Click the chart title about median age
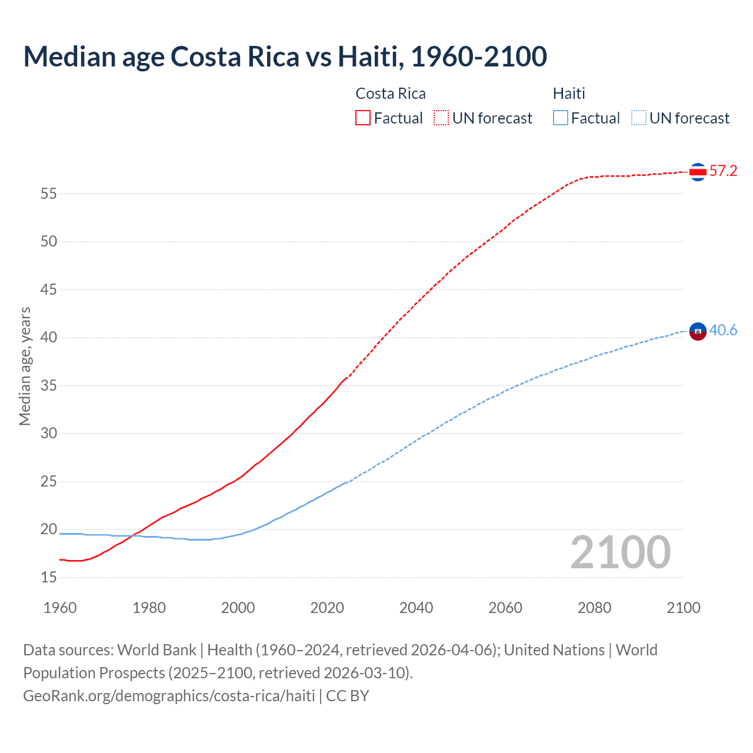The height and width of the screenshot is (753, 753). (x=285, y=56)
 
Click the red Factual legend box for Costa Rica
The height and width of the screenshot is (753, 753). (x=363, y=118)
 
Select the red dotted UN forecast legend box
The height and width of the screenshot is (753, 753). (x=441, y=118)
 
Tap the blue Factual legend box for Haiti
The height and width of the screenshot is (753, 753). (x=560, y=118)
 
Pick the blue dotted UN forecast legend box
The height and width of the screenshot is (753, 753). (x=638, y=118)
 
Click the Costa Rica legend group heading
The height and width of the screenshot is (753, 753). (x=391, y=94)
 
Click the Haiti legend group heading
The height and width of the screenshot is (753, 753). (x=569, y=94)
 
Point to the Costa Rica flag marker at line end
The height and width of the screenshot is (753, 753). (x=698, y=172)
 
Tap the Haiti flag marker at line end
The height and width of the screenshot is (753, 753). (x=698, y=332)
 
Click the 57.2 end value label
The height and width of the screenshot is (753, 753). (x=723, y=171)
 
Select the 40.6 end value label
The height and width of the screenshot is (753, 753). (x=723, y=331)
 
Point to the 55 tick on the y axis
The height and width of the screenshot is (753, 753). (x=49, y=194)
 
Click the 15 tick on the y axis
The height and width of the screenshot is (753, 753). (x=49, y=578)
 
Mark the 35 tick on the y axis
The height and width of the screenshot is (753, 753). (x=49, y=386)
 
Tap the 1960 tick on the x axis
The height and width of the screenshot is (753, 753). (x=60, y=608)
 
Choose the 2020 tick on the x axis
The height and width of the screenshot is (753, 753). (x=327, y=608)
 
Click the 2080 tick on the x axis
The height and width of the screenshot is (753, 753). (x=594, y=608)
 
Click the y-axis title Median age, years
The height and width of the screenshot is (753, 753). (x=25, y=366)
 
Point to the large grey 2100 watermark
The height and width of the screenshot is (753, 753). (x=620, y=552)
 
